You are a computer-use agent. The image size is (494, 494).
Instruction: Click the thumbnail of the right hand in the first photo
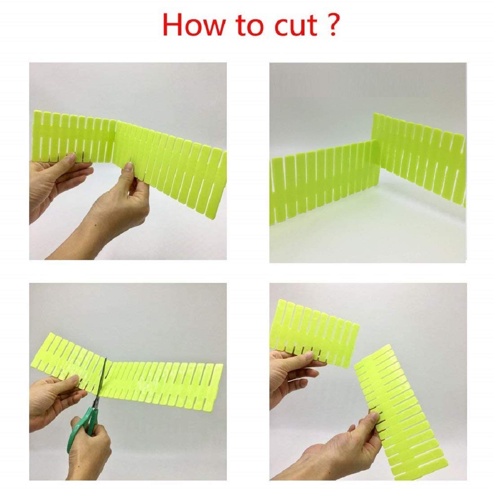click(129, 168)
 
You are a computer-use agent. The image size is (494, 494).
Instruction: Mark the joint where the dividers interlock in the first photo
click(116, 139)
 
